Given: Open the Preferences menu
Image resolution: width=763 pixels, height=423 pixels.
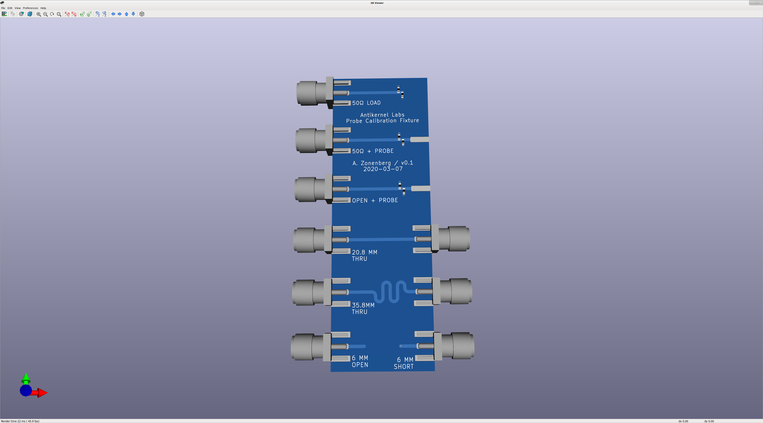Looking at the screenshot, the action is click(x=31, y=8).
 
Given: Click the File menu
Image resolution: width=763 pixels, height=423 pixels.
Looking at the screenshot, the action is click(x=3, y=8).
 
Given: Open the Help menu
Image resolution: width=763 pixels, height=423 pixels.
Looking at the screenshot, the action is click(x=43, y=8).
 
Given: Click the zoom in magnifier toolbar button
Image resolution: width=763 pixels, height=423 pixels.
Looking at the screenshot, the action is click(x=39, y=14).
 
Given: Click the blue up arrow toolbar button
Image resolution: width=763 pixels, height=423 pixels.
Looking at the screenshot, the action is click(x=127, y=14).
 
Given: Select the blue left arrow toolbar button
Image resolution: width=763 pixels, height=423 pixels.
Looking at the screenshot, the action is click(x=113, y=14).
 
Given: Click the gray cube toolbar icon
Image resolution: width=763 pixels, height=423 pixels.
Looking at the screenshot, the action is click(x=142, y=14).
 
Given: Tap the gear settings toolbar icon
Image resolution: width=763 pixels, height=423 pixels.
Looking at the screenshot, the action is click(x=21, y=14).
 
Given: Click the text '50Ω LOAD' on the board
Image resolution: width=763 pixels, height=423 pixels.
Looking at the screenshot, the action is click(x=366, y=103).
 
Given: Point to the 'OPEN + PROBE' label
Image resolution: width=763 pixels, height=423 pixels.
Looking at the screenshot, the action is click(x=375, y=200).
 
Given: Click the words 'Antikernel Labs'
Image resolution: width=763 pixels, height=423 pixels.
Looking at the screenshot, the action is click(x=382, y=115).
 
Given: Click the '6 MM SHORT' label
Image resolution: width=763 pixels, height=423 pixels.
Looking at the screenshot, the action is click(x=404, y=363).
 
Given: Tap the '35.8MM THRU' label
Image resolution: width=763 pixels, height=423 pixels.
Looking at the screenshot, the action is click(x=363, y=308).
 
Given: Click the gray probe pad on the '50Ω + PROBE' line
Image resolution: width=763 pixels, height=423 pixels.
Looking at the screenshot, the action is click(x=420, y=139).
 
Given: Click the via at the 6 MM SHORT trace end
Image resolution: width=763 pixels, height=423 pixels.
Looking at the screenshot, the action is click(x=401, y=346).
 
